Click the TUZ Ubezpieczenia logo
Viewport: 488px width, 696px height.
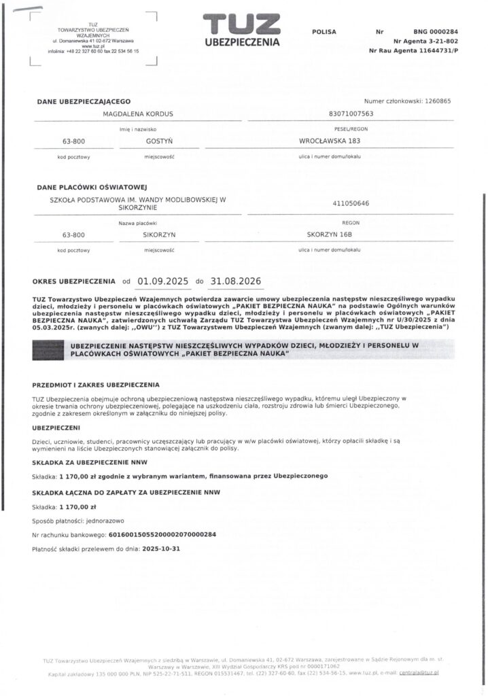(241, 31)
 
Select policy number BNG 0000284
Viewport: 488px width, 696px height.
(435, 31)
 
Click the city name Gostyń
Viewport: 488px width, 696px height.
(156, 141)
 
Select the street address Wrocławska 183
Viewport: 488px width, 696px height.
(329, 141)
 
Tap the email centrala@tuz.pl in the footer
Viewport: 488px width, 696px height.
(419, 672)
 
